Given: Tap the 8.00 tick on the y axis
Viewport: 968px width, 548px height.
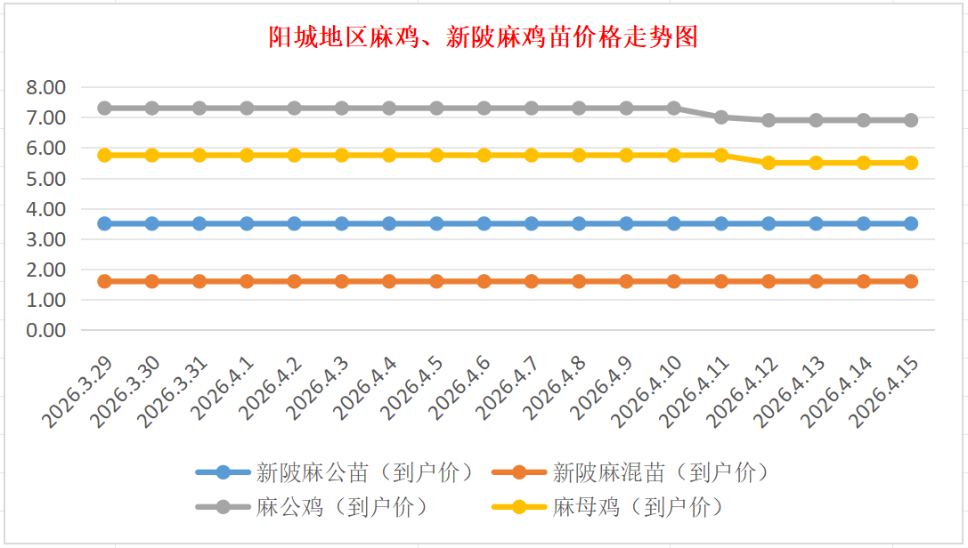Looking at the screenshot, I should (x=46, y=87).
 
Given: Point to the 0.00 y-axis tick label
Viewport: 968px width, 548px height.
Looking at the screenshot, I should (x=46, y=330).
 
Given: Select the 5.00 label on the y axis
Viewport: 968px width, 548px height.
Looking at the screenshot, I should (x=46, y=179).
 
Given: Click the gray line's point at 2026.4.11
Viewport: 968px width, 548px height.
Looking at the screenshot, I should (x=721, y=117).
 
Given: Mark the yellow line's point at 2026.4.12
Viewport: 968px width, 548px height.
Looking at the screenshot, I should (x=769, y=163).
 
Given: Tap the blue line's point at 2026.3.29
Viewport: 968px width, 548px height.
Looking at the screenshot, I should (x=104, y=223).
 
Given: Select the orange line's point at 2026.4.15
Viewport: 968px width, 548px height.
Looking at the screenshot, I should (x=911, y=281).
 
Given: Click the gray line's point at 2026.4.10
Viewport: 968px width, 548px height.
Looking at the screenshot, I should (x=674, y=108).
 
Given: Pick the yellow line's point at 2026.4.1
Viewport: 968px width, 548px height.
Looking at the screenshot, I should (x=247, y=155).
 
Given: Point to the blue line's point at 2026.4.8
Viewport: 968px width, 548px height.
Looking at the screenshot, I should (x=579, y=223).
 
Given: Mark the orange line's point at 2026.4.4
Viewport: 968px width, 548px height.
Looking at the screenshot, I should (x=389, y=281).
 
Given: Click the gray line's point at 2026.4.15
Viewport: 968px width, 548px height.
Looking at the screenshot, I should (x=911, y=120).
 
